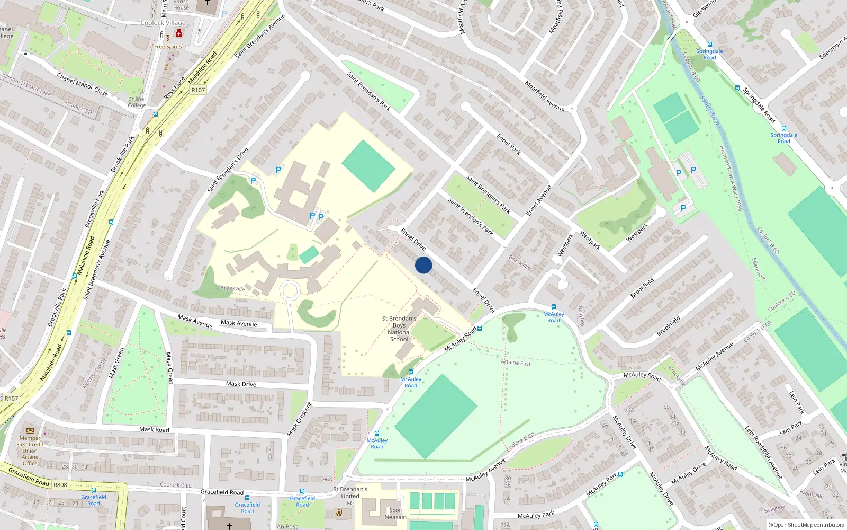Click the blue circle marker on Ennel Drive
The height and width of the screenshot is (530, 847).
[x=424, y=265]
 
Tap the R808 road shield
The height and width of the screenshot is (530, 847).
[x=60, y=484]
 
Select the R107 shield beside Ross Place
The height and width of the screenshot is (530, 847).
[x=198, y=90]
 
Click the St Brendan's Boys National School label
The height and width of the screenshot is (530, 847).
[x=399, y=329]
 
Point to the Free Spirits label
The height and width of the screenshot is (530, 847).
[x=168, y=47]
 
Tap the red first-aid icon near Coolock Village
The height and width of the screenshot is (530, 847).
[x=179, y=33]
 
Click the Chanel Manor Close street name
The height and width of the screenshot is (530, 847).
[x=82, y=85]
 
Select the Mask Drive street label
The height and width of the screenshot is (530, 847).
[x=241, y=384]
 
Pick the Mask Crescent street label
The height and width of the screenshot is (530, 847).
[x=300, y=420]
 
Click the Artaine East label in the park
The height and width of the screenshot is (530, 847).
[x=516, y=363]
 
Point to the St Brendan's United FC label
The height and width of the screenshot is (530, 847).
[x=350, y=496]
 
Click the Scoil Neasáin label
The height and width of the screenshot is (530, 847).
[x=395, y=514]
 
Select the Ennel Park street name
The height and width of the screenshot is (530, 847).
[x=509, y=144]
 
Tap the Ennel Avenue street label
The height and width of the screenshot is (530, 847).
[x=539, y=200]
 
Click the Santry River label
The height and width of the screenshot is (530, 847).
[x=710, y=111]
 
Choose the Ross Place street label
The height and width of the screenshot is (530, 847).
[x=175, y=88]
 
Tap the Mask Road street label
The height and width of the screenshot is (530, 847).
[x=154, y=429]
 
